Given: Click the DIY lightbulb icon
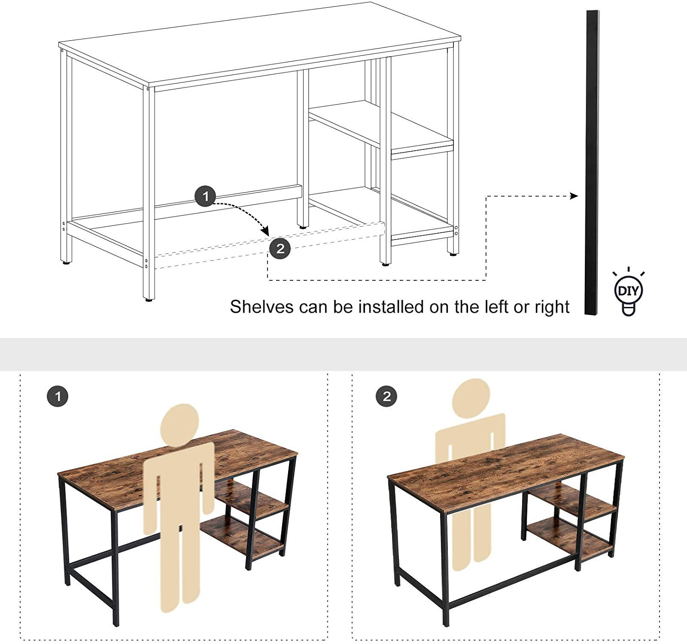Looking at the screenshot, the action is (628, 291).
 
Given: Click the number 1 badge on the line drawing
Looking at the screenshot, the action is (205, 196).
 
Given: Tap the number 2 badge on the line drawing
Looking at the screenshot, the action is (280, 248).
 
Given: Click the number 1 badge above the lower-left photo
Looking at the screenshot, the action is (57, 396).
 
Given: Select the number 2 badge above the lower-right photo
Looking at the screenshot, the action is (387, 396).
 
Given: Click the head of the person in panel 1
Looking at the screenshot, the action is (180, 425).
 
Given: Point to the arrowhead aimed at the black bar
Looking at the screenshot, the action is (574, 196).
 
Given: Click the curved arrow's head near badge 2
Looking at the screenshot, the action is (265, 231).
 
